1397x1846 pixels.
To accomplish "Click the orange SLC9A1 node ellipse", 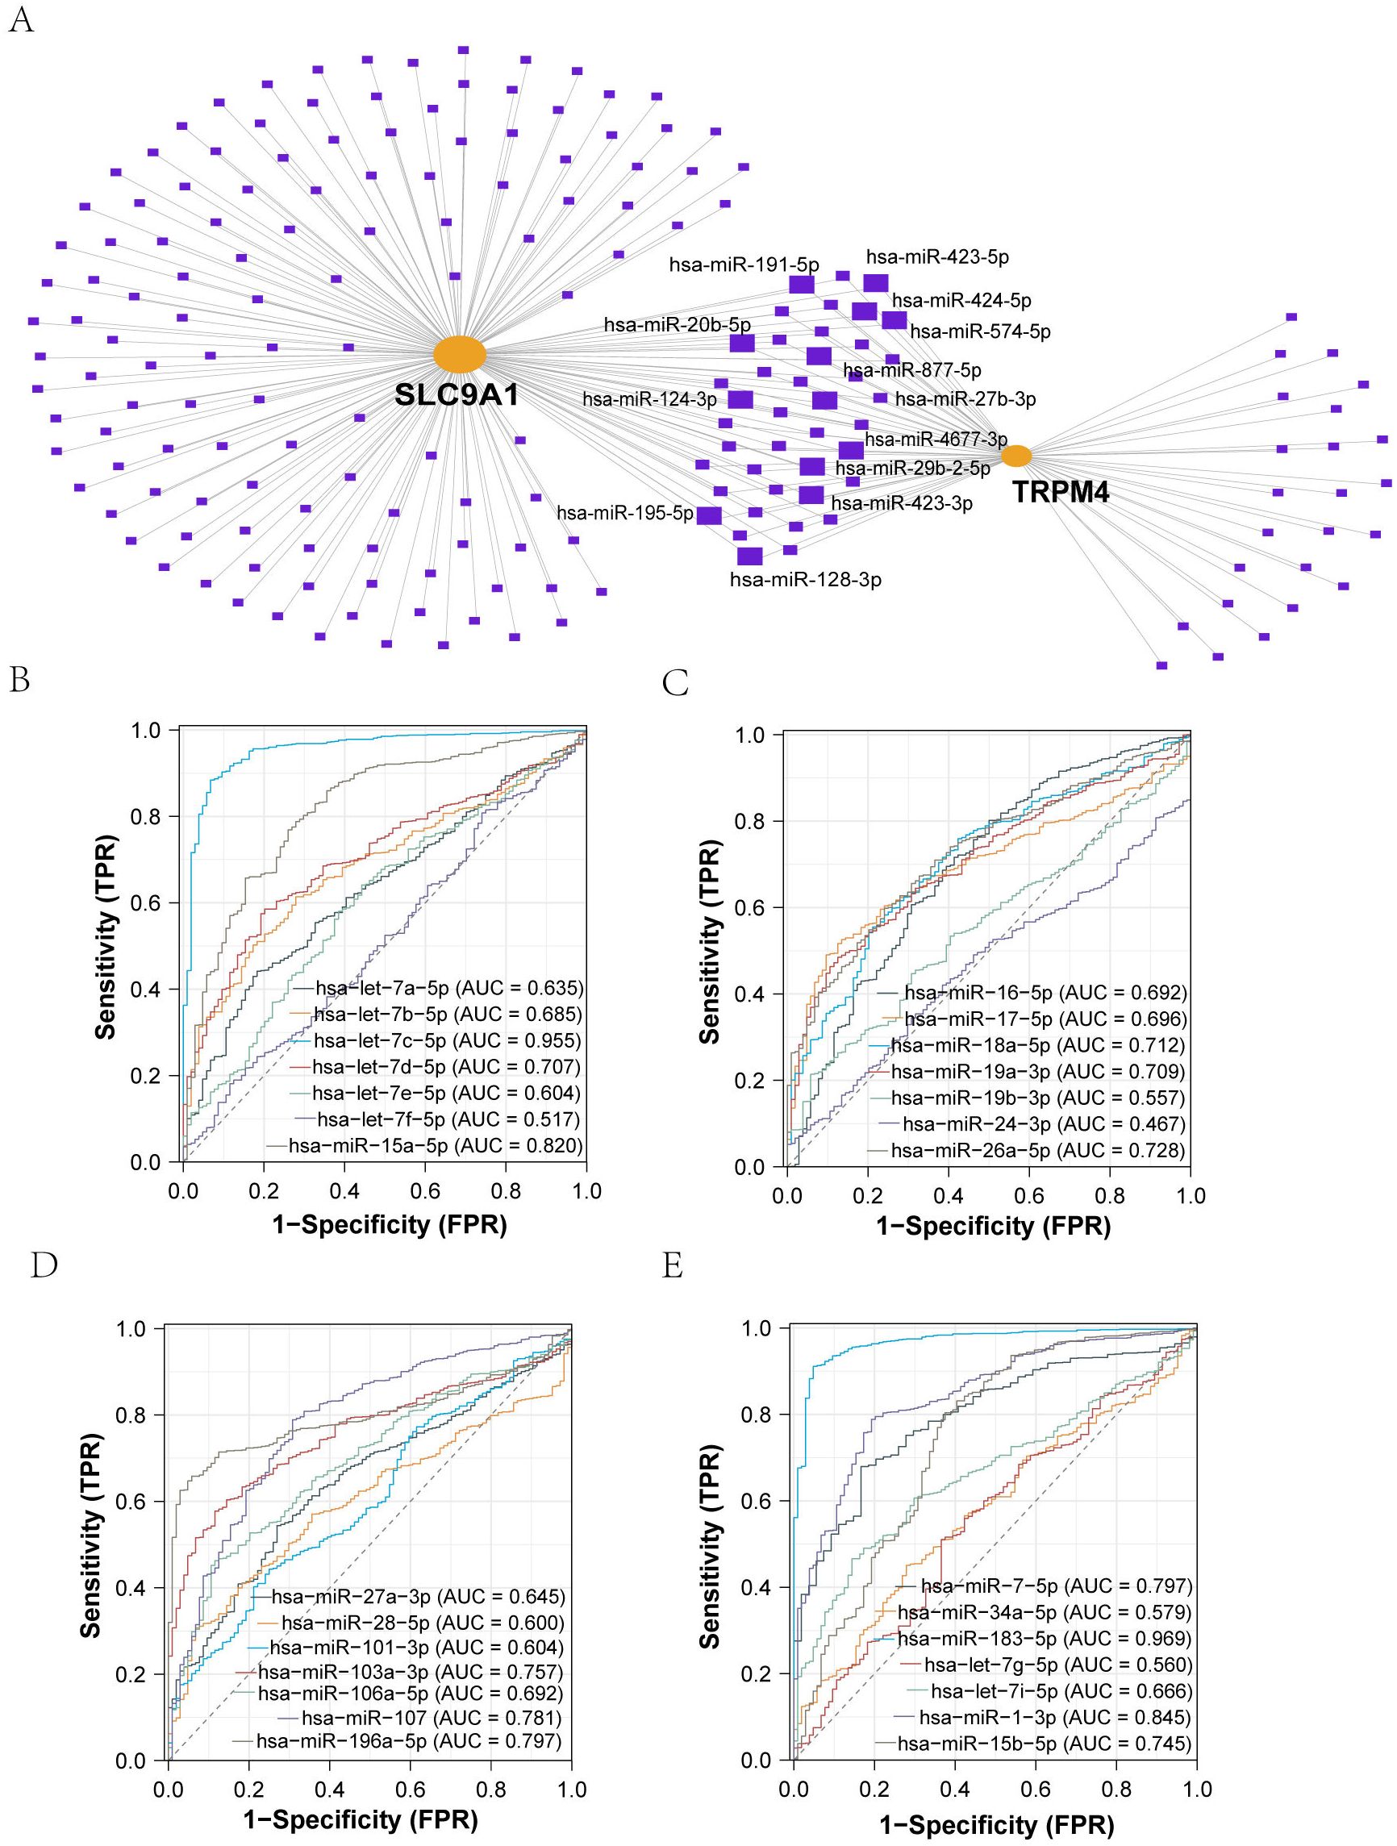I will coord(459,355).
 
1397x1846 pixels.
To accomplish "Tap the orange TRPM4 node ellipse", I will coord(1015,456).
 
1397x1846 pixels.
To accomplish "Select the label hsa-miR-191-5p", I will coord(732,265).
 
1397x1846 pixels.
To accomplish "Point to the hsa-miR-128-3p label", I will coord(805,579).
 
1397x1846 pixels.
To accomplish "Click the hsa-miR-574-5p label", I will coord(980,332).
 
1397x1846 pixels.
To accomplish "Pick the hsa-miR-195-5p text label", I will coord(625,513).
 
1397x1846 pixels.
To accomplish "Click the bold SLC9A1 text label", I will coord(457,394).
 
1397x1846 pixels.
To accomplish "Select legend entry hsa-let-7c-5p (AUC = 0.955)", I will coord(448,1040).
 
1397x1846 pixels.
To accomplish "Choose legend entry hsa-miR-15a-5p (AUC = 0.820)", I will coord(436,1145).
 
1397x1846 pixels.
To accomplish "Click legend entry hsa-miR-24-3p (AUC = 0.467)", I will coord(1043,1124).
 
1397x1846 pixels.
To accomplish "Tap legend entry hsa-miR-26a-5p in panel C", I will coord(1037,1150).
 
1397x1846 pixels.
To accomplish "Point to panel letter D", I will coord(44,1267).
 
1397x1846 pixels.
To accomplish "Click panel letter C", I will coord(675,685).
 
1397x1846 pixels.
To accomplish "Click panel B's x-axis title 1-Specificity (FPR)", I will coord(390,1224).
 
